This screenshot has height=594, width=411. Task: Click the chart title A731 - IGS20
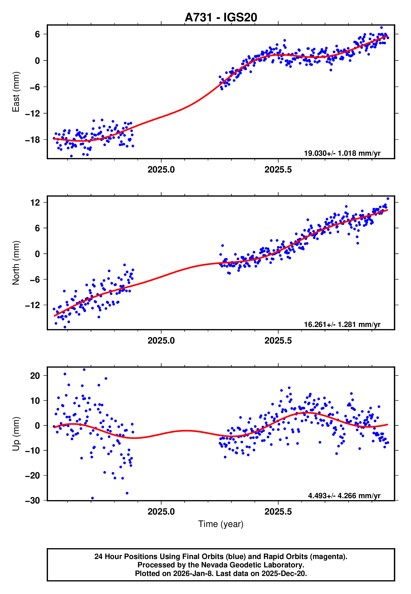pyautogui.click(x=221, y=18)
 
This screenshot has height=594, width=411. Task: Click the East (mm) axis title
pyautogui.click(x=16, y=92)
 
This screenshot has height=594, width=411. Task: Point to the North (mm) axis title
pyautogui.click(x=16, y=263)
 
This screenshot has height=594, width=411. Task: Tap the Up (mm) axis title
pyautogui.click(x=16, y=434)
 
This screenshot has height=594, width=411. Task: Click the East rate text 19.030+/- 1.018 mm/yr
pyautogui.click(x=342, y=153)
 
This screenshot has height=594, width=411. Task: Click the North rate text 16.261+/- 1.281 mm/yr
pyautogui.click(x=342, y=324)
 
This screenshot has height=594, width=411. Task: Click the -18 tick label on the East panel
pyautogui.click(x=32, y=140)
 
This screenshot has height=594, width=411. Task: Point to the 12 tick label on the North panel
pyautogui.click(x=35, y=202)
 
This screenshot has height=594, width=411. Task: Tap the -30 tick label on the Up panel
pyautogui.click(x=32, y=501)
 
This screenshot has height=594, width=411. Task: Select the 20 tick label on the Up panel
pyautogui.click(x=35, y=376)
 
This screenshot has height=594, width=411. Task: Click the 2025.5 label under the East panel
pyautogui.click(x=278, y=170)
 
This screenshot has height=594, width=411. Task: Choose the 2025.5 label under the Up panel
pyautogui.click(x=278, y=512)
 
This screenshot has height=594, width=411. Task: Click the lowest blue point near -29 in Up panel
pyautogui.click(x=92, y=498)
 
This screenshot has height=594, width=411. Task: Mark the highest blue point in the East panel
pyautogui.click(x=381, y=27)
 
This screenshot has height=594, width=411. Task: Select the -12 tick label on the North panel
pyautogui.click(x=32, y=305)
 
